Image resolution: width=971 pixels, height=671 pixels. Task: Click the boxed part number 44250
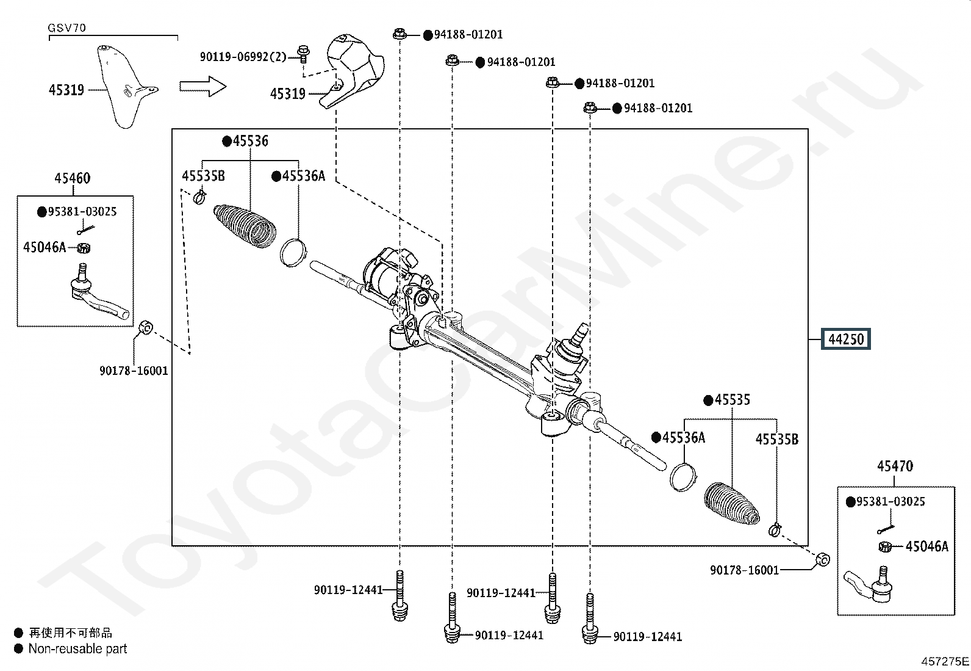846,339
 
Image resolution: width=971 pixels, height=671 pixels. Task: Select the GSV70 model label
66,27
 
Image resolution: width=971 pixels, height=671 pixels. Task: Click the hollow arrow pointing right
203,86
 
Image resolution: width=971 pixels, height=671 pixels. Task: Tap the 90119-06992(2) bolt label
243,57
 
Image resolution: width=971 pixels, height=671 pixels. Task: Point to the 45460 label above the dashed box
73,178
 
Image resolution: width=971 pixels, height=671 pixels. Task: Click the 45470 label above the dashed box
895,466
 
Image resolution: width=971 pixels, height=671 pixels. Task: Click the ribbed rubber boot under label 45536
245,226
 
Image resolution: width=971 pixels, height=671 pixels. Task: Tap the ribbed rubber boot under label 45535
732,504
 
